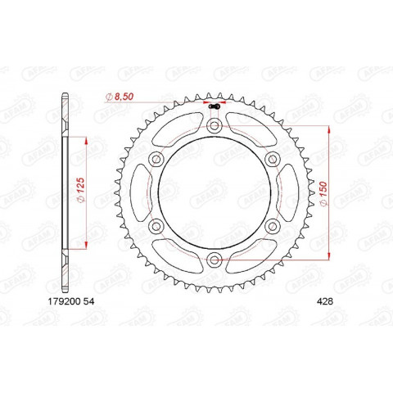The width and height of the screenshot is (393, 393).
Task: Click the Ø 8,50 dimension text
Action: [x=124, y=97]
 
